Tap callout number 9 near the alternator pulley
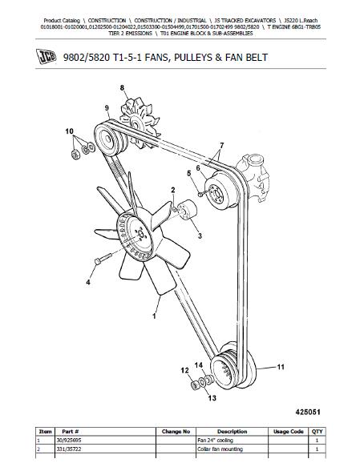click(x=106, y=107)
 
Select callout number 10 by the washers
click(x=69, y=131)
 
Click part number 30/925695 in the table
click(x=68, y=440)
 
